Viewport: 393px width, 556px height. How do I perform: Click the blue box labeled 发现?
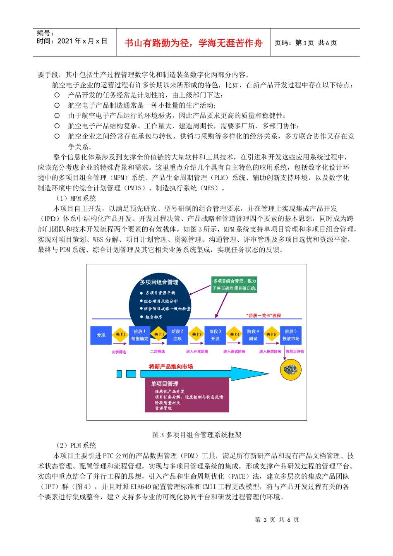point(101,336)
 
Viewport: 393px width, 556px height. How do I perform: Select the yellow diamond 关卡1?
point(120,335)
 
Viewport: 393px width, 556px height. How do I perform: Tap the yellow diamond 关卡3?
point(196,335)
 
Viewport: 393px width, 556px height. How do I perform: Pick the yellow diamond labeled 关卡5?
point(271,335)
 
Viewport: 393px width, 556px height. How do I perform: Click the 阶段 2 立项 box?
point(177,335)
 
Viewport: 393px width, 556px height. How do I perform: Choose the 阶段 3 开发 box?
point(215,335)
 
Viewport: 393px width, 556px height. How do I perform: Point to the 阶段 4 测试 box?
point(253,335)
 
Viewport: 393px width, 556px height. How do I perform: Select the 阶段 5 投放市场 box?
point(291,335)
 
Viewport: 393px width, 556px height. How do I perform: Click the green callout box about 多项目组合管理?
point(235,285)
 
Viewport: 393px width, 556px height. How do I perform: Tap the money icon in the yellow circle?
point(291,369)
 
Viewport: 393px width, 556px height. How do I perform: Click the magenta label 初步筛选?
point(119,352)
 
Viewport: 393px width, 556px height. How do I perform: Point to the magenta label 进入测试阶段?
point(234,352)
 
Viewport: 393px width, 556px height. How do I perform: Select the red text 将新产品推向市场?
point(171,367)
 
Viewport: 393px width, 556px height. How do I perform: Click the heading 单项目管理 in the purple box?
point(165,384)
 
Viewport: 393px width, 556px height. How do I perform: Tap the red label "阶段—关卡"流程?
point(264,316)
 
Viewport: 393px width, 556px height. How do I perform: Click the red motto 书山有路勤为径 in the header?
point(194,43)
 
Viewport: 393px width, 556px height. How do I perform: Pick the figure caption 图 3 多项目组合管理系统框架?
point(197,435)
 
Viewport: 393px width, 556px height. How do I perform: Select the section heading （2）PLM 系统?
point(76,446)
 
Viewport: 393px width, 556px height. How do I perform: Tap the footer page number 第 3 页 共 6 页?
point(277,520)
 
